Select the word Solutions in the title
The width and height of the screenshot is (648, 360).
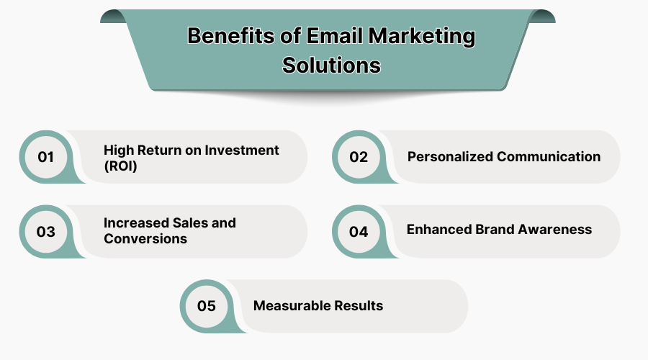331,65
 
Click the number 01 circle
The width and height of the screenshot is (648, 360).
46,156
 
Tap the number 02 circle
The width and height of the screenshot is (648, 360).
359,156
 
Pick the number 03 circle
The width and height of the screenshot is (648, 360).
46,231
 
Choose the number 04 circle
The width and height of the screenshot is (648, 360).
359,231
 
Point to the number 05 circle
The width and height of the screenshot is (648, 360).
207,306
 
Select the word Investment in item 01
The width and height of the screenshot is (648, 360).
243,150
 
